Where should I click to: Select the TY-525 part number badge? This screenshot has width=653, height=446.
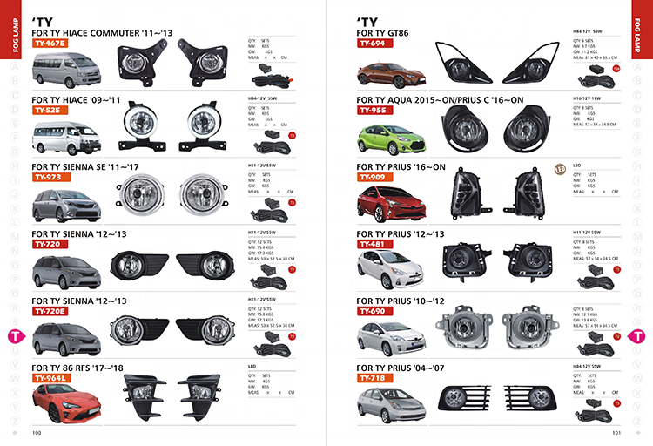coord(47,111)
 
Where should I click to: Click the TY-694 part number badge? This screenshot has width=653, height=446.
coord(372,42)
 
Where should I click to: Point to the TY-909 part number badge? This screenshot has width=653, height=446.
coord(372,177)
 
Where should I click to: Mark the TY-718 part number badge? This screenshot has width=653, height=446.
coord(372,378)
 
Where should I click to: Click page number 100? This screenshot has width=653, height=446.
coord(37,431)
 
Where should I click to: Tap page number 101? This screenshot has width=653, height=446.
coord(616,431)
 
